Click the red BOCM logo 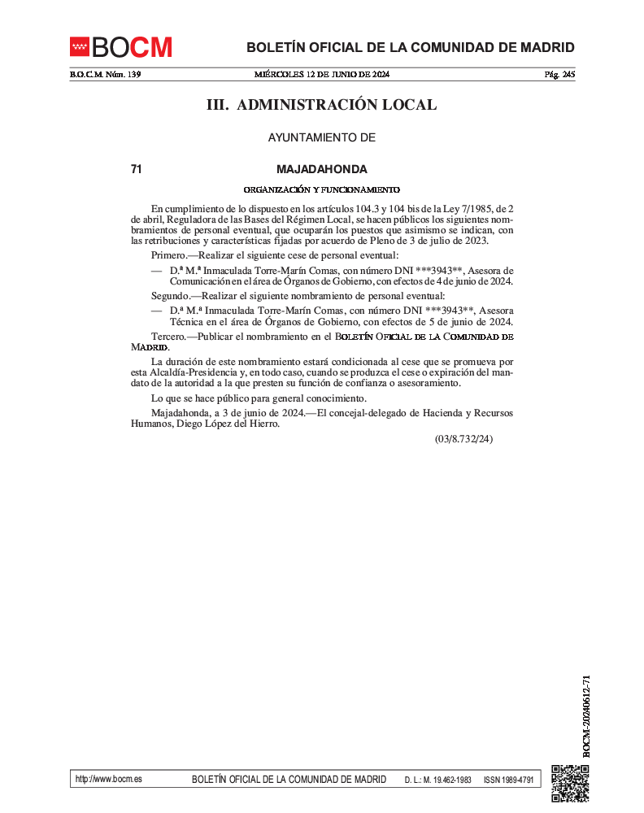coord(121,47)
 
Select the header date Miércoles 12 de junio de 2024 coord(322,75)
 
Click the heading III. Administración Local coord(321,105)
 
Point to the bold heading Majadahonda coord(321,170)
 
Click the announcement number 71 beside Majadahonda coord(137,170)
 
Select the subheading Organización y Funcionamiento coord(321,189)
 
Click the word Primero coord(168,255)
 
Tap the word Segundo coord(170,296)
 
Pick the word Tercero coord(168,336)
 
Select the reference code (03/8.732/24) coord(463,439)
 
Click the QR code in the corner coord(569,784)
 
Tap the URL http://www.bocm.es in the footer coord(108,779)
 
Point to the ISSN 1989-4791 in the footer coord(508,780)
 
